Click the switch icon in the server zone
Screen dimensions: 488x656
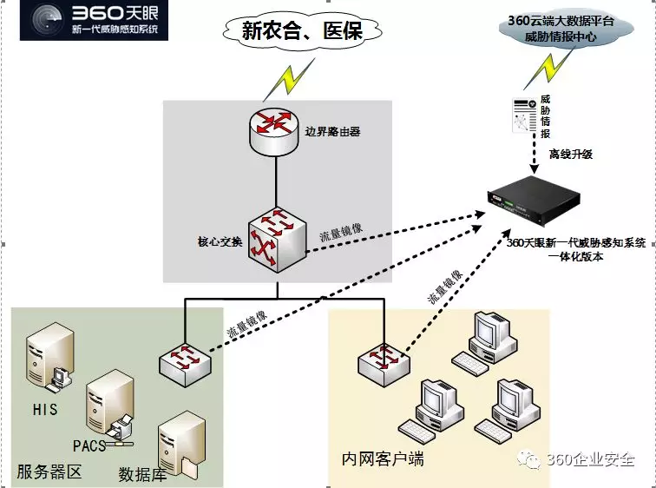click(184, 360)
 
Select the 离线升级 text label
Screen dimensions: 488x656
click(570, 154)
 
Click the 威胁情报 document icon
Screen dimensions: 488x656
click(523, 115)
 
